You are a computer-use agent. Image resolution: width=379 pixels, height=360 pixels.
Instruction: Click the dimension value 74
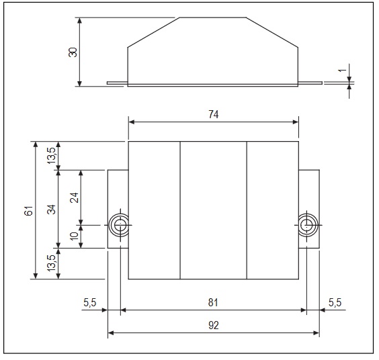tap(213, 114)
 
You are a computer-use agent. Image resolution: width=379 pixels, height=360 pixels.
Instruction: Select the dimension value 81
tap(213, 303)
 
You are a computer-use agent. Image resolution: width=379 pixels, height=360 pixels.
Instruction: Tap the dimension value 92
tap(213, 325)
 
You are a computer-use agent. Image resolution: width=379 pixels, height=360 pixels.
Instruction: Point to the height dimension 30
tap(73, 52)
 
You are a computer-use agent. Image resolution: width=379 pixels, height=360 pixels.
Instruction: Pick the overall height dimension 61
tap(28, 210)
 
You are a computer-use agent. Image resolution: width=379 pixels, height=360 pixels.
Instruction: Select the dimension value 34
tap(52, 209)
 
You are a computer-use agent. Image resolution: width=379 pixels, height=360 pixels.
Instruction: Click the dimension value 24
tap(75, 197)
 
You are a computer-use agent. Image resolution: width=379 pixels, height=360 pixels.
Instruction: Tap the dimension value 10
tap(75, 236)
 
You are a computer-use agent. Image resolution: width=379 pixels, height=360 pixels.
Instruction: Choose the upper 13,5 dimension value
tap(52, 156)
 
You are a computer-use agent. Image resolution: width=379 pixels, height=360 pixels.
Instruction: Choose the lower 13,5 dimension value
tap(52, 263)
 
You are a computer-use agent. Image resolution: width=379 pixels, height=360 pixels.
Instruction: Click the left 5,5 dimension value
tap(90, 303)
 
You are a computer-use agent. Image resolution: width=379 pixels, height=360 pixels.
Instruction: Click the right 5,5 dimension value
tap(334, 303)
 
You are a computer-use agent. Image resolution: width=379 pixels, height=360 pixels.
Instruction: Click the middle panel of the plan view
tap(213, 210)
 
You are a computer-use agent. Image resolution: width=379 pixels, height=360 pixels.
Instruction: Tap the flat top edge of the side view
tap(213, 18)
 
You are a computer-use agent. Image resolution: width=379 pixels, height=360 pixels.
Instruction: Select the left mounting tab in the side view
tap(117, 84)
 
